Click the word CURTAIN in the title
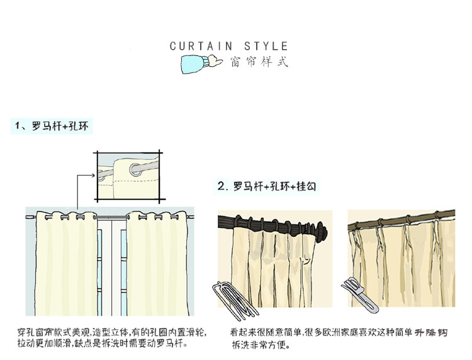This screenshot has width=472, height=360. point(201,46)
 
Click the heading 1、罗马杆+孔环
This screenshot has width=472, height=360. point(53,127)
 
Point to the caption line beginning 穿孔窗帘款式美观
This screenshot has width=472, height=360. point(111,332)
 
